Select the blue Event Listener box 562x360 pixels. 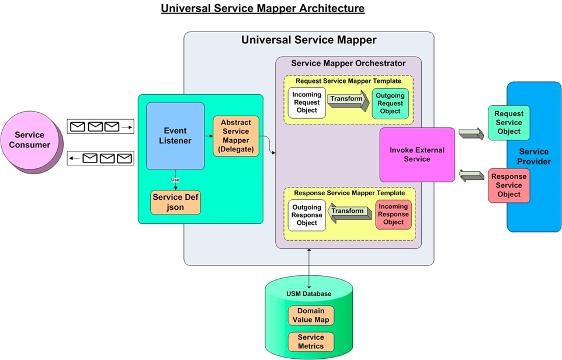pyautogui.click(x=175, y=136)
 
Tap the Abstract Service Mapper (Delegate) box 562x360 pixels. pyautogui.click(x=236, y=136)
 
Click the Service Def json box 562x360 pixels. pyautogui.click(x=175, y=202)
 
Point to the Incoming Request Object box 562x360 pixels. pyautogui.click(x=307, y=103)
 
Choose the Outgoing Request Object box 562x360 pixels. pyautogui.click(x=390, y=103)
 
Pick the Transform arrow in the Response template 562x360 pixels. pyautogui.click(x=351, y=212)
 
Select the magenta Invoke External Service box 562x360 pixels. pyautogui.click(x=417, y=155)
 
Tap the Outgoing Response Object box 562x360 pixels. pyautogui.click(x=307, y=215)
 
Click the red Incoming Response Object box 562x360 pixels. pyautogui.click(x=393, y=214)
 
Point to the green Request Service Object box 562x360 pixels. pyautogui.click(x=509, y=123)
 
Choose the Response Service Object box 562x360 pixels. pyautogui.click(x=509, y=185)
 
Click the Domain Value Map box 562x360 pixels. pyautogui.click(x=311, y=316)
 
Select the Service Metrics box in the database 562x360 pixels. pyautogui.click(x=311, y=342)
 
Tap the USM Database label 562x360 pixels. pyautogui.click(x=309, y=293)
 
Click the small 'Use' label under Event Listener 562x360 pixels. pyautogui.click(x=175, y=179)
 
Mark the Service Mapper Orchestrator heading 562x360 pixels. pyautogui.click(x=348, y=63)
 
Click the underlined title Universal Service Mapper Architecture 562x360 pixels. pyautogui.click(x=262, y=9)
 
